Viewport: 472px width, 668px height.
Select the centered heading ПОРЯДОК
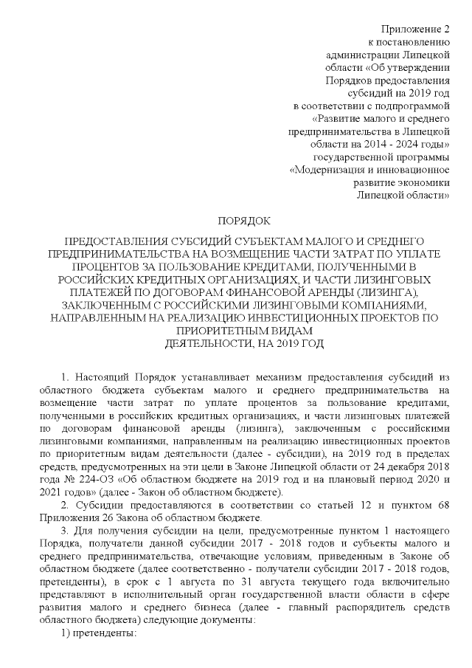(x=244, y=220)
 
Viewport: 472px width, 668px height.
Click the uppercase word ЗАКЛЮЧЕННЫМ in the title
(x=91, y=305)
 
